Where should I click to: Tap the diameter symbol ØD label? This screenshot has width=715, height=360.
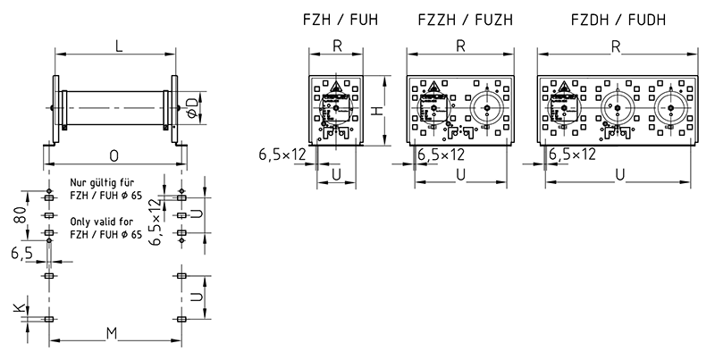pyautogui.click(x=192, y=107)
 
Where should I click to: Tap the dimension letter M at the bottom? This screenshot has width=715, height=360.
pyautogui.click(x=114, y=332)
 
